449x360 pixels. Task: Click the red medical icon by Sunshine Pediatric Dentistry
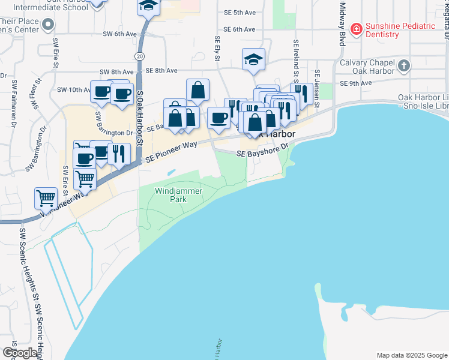pyautogui.click(x=356, y=28)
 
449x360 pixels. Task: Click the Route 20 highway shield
pyautogui.click(x=140, y=55)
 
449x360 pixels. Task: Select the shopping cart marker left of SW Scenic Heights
pyautogui.click(x=46, y=197)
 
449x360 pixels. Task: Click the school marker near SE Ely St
pyautogui.click(x=254, y=58)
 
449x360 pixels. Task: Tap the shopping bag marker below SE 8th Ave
pyautogui.click(x=197, y=90)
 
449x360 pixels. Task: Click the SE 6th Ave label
pyautogui.click(x=240, y=29)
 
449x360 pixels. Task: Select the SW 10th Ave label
pyautogui.click(x=73, y=89)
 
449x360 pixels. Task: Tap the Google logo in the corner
pyautogui.click(x=20, y=353)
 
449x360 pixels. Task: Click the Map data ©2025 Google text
pyautogui.click(x=411, y=355)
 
